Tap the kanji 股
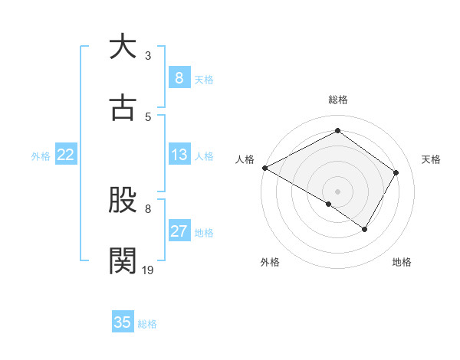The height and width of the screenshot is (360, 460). (x=123, y=200)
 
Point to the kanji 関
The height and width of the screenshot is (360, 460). (x=123, y=260)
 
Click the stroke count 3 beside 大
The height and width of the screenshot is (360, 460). (x=148, y=56)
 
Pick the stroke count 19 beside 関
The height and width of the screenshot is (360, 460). (x=148, y=269)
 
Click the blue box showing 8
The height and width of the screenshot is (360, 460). (x=179, y=78)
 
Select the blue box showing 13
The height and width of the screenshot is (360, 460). (x=179, y=155)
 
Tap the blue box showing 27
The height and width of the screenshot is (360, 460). (x=179, y=231)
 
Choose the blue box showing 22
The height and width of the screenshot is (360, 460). (x=66, y=155)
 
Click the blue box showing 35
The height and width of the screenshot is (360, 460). (x=123, y=322)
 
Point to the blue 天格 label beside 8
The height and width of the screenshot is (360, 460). (x=204, y=80)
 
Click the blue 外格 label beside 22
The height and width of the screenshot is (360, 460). (x=41, y=156)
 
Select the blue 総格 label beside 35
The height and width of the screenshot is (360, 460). (x=147, y=324)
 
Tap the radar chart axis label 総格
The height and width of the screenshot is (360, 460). (x=337, y=100)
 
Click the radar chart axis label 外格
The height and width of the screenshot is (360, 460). (x=270, y=262)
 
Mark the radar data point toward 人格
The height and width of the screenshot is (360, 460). (x=264, y=168)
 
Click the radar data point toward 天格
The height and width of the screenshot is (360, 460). (x=396, y=172)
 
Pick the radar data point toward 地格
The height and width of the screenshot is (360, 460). (x=365, y=229)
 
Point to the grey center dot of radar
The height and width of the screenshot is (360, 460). (x=337, y=191)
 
